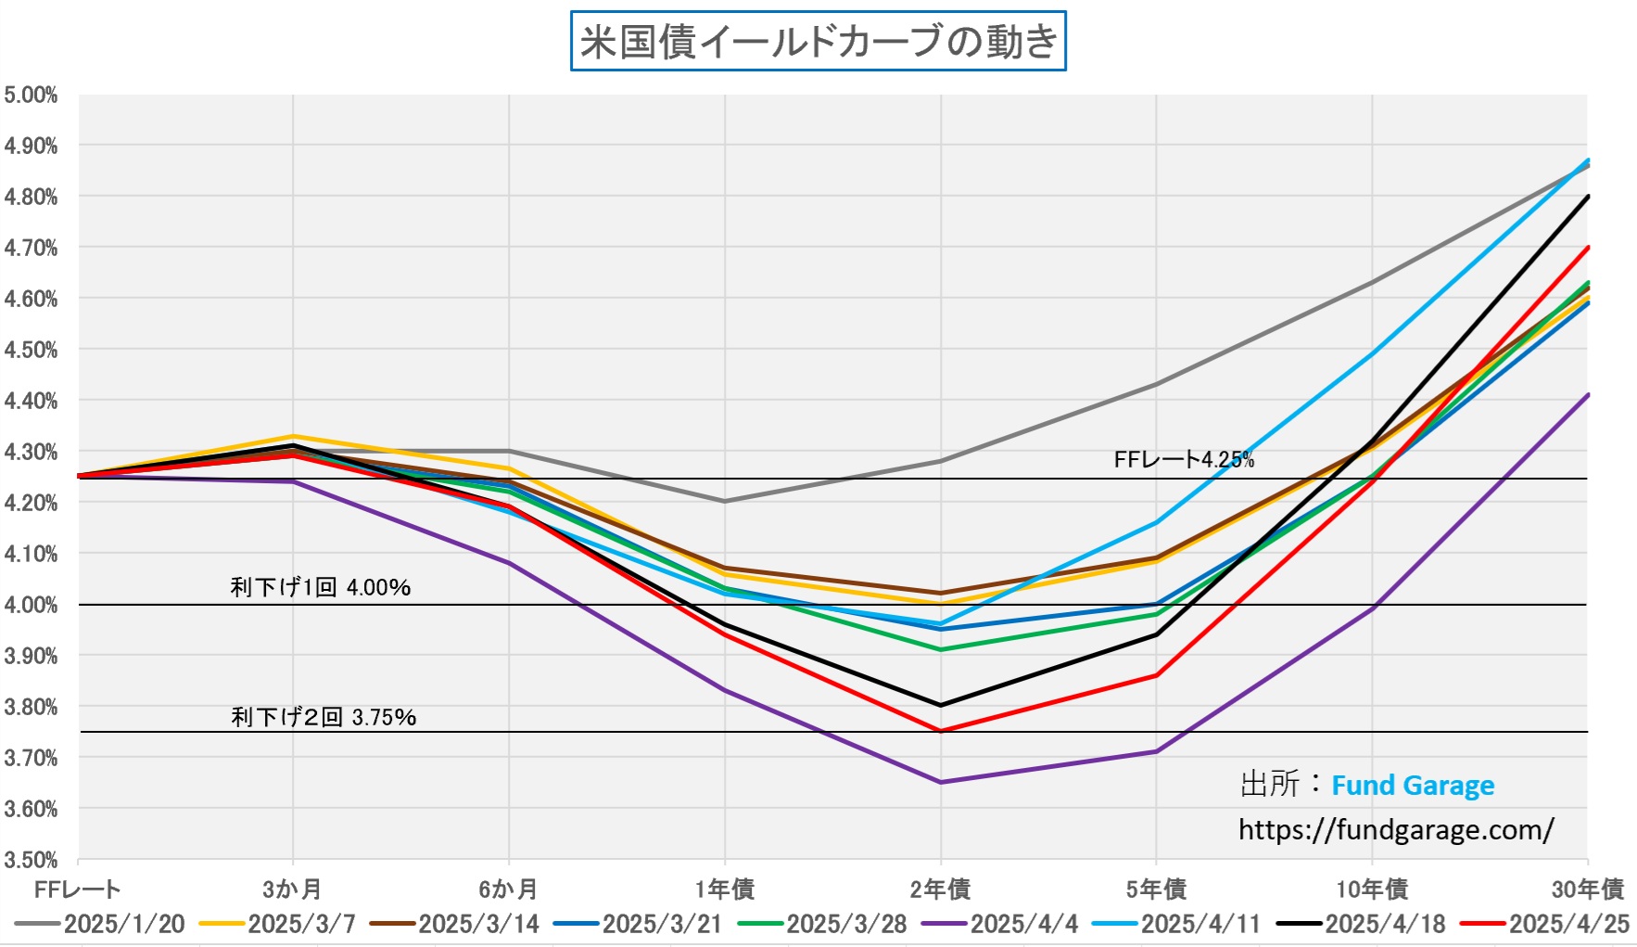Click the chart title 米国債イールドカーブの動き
click(818, 42)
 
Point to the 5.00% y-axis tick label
click(31, 96)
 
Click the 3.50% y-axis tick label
click(31, 860)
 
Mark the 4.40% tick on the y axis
click(31, 402)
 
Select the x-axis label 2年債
click(940, 889)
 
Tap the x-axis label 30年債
click(1587, 889)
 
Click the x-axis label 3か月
click(292, 889)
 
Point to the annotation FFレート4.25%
click(1184, 460)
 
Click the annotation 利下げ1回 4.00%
click(321, 587)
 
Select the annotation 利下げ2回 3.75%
click(324, 717)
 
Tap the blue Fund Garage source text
click(1413, 786)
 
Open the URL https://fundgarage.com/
click(1396, 829)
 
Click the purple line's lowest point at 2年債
click(941, 782)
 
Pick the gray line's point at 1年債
click(725, 501)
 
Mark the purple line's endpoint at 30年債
click(1588, 395)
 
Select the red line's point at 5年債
click(1157, 675)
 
